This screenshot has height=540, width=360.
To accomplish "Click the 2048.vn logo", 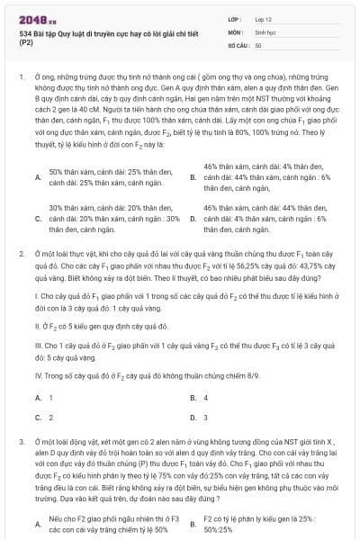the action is coord(37,19).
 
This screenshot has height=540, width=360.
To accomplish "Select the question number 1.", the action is coord(21,79).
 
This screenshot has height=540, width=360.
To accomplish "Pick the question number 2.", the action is coord(21,255).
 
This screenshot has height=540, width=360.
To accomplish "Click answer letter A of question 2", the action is coord(37,397).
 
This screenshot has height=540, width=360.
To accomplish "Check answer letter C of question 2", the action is coord(37,418).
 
